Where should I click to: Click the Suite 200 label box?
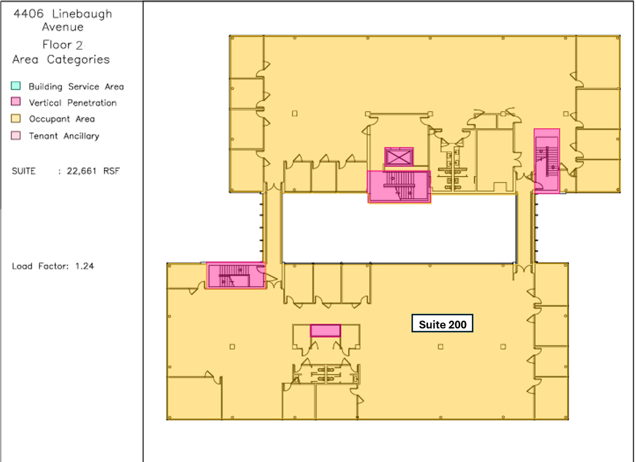click(442, 323)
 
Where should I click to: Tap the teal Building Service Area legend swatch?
click(16, 86)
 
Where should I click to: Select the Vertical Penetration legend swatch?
click(16, 102)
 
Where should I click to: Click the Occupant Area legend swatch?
click(16, 119)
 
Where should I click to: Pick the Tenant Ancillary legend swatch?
click(16, 135)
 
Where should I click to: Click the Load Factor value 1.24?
click(85, 266)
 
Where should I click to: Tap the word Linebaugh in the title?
click(82, 14)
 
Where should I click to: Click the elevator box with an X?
click(399, 157)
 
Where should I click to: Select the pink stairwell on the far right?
click(547, 161)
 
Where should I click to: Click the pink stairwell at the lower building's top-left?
click(236, 275)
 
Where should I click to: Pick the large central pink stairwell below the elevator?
click(399, 186)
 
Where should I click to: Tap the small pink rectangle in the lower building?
click(325, 330)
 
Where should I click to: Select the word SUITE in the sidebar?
click(24, 171)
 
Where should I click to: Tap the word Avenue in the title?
click(63, 27)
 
